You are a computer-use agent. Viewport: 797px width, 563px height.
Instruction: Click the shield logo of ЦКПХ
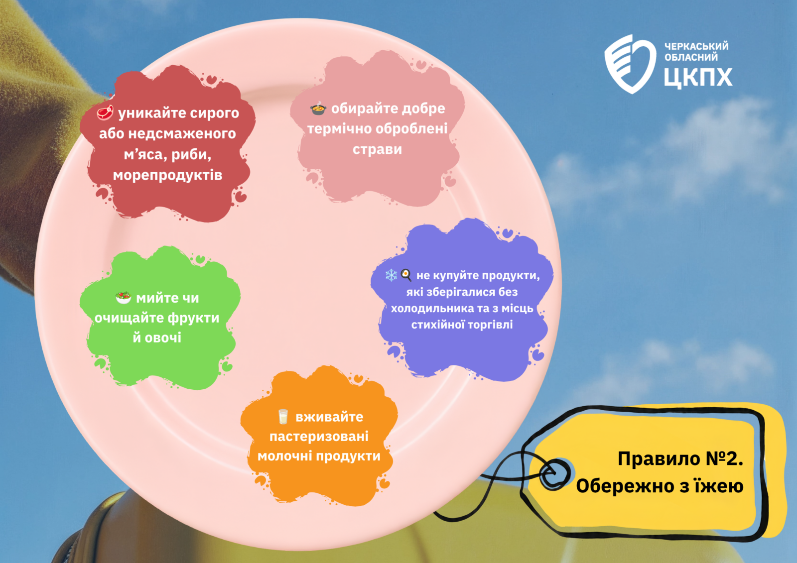tap(630, 64)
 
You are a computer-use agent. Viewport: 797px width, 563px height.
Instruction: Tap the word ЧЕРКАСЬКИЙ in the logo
tap(696, 46)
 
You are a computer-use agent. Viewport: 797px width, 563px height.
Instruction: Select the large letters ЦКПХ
tap(698, 77)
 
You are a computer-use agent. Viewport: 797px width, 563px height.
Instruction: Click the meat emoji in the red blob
tap(105, 113)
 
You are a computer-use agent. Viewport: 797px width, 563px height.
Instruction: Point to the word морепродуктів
tap(167, 175)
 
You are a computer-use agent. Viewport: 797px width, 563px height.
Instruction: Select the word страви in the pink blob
tap(377, 149)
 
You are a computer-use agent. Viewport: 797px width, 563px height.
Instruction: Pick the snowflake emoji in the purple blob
tap(392, 275)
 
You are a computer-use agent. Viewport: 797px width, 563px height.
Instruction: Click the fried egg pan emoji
tap(406, 275)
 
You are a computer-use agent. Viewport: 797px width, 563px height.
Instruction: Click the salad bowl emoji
tap(124, 298)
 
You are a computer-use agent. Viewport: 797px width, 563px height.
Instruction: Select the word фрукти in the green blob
tap(194, 318)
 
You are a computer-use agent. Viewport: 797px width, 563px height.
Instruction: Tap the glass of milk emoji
tap(283, 417)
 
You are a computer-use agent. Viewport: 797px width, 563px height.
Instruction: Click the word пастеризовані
tap(319, 437)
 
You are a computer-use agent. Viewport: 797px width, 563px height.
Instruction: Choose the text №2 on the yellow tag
tap(724, 458)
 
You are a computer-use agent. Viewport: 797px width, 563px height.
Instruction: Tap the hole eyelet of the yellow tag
tap(554, 474)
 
